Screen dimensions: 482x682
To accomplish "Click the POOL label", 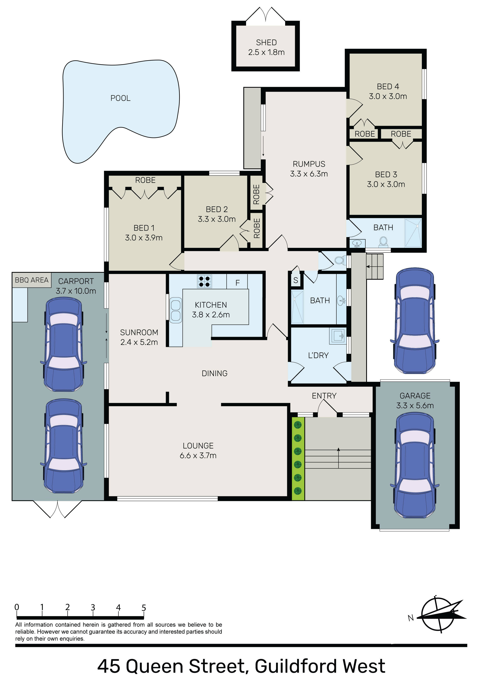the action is (x=120, y=98).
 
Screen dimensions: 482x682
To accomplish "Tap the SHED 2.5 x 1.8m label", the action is (x=266, y=47).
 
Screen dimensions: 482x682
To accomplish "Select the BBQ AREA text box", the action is (x=32, y=280).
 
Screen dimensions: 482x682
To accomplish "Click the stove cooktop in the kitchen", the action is (x=205, y=281).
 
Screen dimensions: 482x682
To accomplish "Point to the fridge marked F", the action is (x=237, y=281).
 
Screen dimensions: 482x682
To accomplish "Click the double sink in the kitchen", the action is (x=176, y=310).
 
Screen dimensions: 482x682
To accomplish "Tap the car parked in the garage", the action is (x=415, y=466).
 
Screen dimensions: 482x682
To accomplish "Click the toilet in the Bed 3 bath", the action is (x=383, y=242).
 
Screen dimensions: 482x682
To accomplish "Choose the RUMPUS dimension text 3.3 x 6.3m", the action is (x=309, y=174).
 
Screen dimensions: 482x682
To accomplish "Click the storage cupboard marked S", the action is (x=296, y=280).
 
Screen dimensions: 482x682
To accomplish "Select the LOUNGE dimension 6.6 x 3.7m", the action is (x=198, y=455).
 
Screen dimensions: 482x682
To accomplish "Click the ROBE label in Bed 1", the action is (x=145, y=180).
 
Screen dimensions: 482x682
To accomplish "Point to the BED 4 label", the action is (x=388, y=86).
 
